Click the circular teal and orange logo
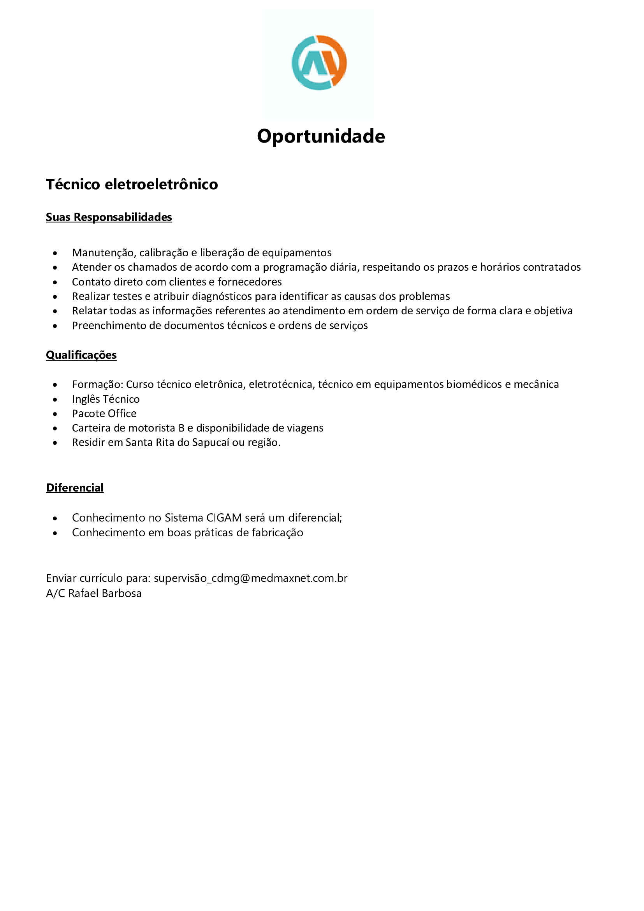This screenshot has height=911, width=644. pyautogui.click(x=319, y=63)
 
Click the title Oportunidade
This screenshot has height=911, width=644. pyautogui.click(x=321, y=136)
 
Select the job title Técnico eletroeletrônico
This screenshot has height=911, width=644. pyautogui.click(x=132, y=185)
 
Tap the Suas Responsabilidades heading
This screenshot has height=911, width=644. pyautogui.click(x=109, y=217)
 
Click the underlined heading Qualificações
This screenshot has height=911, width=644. pyautogui.click(x=81, y=355)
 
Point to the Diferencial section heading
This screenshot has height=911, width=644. pyautogui.click(x=74, y=488)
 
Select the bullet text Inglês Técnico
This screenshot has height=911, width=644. pyautogui.click(x=106, y=399)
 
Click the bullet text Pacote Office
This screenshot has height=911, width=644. pyautogui.click(x=104, y=414)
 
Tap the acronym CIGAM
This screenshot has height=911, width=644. pyautogui.click(x=223, y=518)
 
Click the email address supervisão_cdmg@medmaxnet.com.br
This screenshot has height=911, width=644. pyautogui.click(x=250, y=578)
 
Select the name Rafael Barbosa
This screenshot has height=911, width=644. pyautogui.click(x=105, y=593)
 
